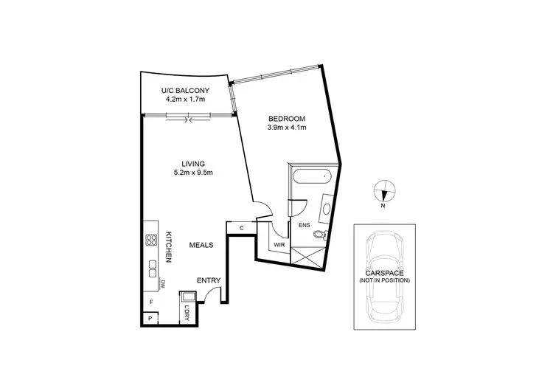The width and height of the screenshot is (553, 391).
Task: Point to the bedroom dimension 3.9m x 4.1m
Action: click(x=286, y=128)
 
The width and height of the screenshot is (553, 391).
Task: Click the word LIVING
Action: click(x=193, y=164)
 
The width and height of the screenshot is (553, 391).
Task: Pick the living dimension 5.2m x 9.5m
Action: click(x=193, y=173)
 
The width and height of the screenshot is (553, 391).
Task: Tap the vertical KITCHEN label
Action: click(x=169, y=247)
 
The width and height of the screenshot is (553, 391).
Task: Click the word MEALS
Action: click(x=201, y=245)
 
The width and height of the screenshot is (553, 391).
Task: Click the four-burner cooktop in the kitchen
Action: click(x=151, y=239)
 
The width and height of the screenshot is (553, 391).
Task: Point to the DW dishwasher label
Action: click(x=161, y=283)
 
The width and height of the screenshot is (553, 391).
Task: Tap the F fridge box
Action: click(x=150, y=302)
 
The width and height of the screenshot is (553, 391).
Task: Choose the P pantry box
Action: click(x=150, y=319)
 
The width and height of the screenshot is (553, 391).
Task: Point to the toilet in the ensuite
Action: click(x=319, y=235)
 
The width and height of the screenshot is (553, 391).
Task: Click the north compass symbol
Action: click(x=383, y=192)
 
